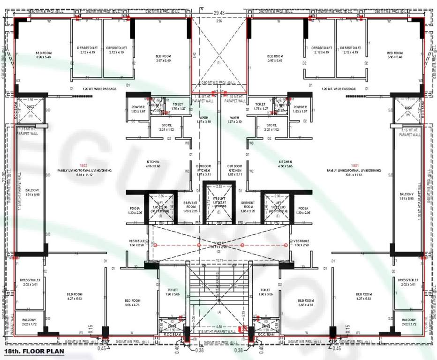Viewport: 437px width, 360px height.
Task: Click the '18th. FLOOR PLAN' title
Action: (30, 351)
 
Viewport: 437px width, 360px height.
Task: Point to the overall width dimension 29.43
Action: (219, 14)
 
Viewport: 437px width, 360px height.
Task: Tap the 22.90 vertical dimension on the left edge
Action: (4, 180)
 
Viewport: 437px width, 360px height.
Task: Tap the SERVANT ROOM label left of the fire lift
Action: (190, 205)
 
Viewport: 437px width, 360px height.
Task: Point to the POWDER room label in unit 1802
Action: (138, 109)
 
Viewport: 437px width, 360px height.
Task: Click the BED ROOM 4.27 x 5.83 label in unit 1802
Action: (75, 296)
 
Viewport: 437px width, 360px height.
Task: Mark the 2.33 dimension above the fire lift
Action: (218, 186)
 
